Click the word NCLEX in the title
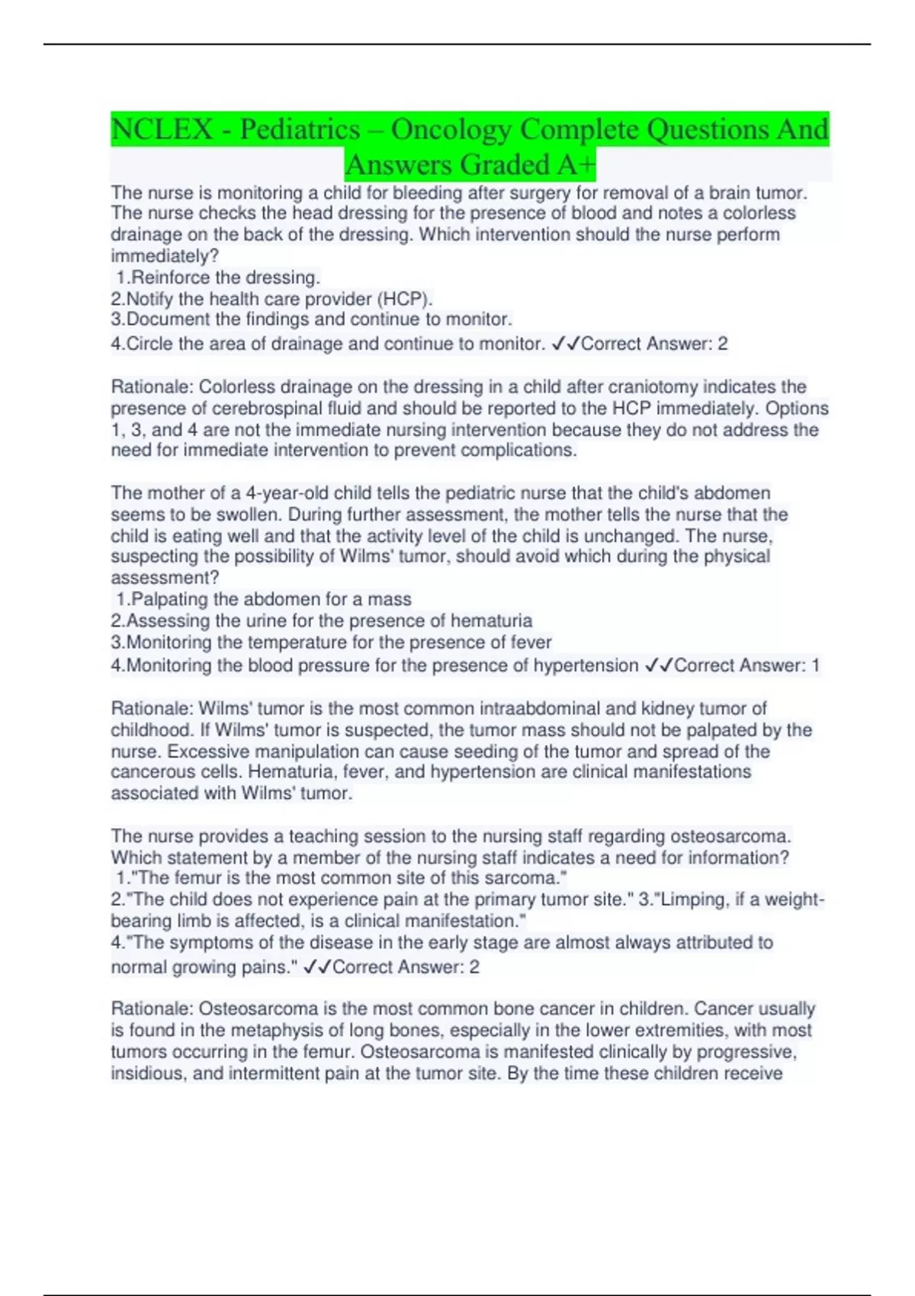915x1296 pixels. pos(162,130)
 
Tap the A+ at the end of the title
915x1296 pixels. pos(576,165)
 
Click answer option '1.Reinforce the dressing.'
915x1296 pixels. pos(218,277)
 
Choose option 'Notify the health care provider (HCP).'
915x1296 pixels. pos(272,299)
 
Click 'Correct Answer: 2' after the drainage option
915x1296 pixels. pos(654,345)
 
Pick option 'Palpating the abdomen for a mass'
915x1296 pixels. pos(264,599)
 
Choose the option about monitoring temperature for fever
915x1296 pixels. pos(332,642)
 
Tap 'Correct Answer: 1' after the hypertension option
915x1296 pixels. pos(746,666)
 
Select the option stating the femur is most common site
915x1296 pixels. pos(342,878)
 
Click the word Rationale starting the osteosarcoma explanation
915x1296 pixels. pos(152,1009)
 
